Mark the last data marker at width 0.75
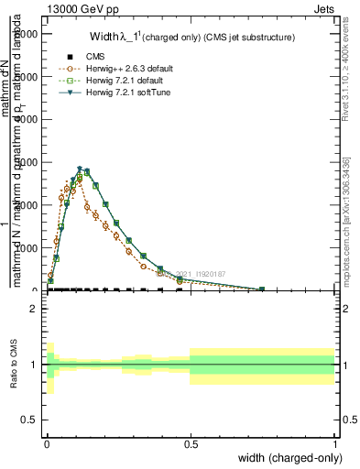coord(262,289)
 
